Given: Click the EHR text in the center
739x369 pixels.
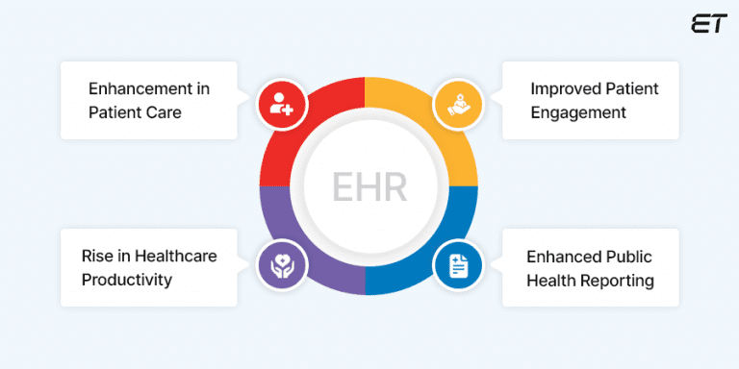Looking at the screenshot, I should [369, 184].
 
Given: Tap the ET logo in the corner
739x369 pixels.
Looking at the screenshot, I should [708, 24].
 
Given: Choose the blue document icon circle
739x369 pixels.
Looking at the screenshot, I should [457, 265].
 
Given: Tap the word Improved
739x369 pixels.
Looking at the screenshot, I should [559, 88].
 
